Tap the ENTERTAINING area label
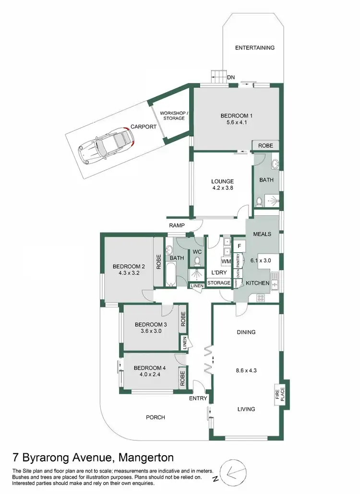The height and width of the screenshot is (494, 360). [x=254, y=48]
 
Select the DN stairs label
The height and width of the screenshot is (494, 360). [x=231, y=77]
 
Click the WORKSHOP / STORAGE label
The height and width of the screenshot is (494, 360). [x=174, y=115]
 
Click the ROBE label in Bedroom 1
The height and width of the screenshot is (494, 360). [x=266, y=145]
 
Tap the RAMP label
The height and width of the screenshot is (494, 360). [x=177, y=225]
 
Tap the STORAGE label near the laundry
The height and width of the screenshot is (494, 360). [x=219, y=283]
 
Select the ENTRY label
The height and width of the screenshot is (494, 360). [x=198, y=399]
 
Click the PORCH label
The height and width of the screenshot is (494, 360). [x=156, y=417]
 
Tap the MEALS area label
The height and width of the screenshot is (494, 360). [x=262, y=234]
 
